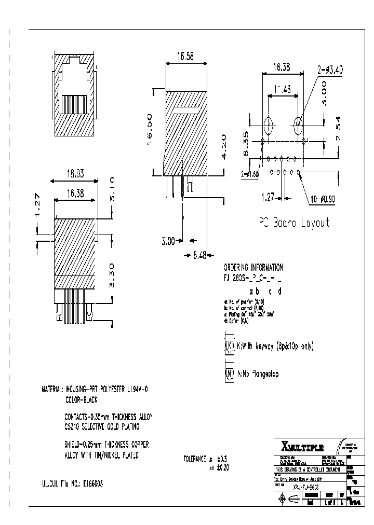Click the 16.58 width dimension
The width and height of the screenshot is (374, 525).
(185, 57)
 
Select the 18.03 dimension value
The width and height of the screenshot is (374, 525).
(74, 175)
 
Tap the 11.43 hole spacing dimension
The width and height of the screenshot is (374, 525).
(283, 89)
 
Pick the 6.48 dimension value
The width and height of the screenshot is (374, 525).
(199, 255)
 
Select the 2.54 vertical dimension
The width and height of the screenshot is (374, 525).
(339, 130)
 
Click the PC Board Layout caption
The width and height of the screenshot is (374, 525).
(295, 223)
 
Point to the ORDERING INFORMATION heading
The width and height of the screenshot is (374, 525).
(253, 268)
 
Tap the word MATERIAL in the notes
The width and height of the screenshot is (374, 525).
(52, 389)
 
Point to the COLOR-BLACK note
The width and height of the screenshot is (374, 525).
(82, 400)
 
